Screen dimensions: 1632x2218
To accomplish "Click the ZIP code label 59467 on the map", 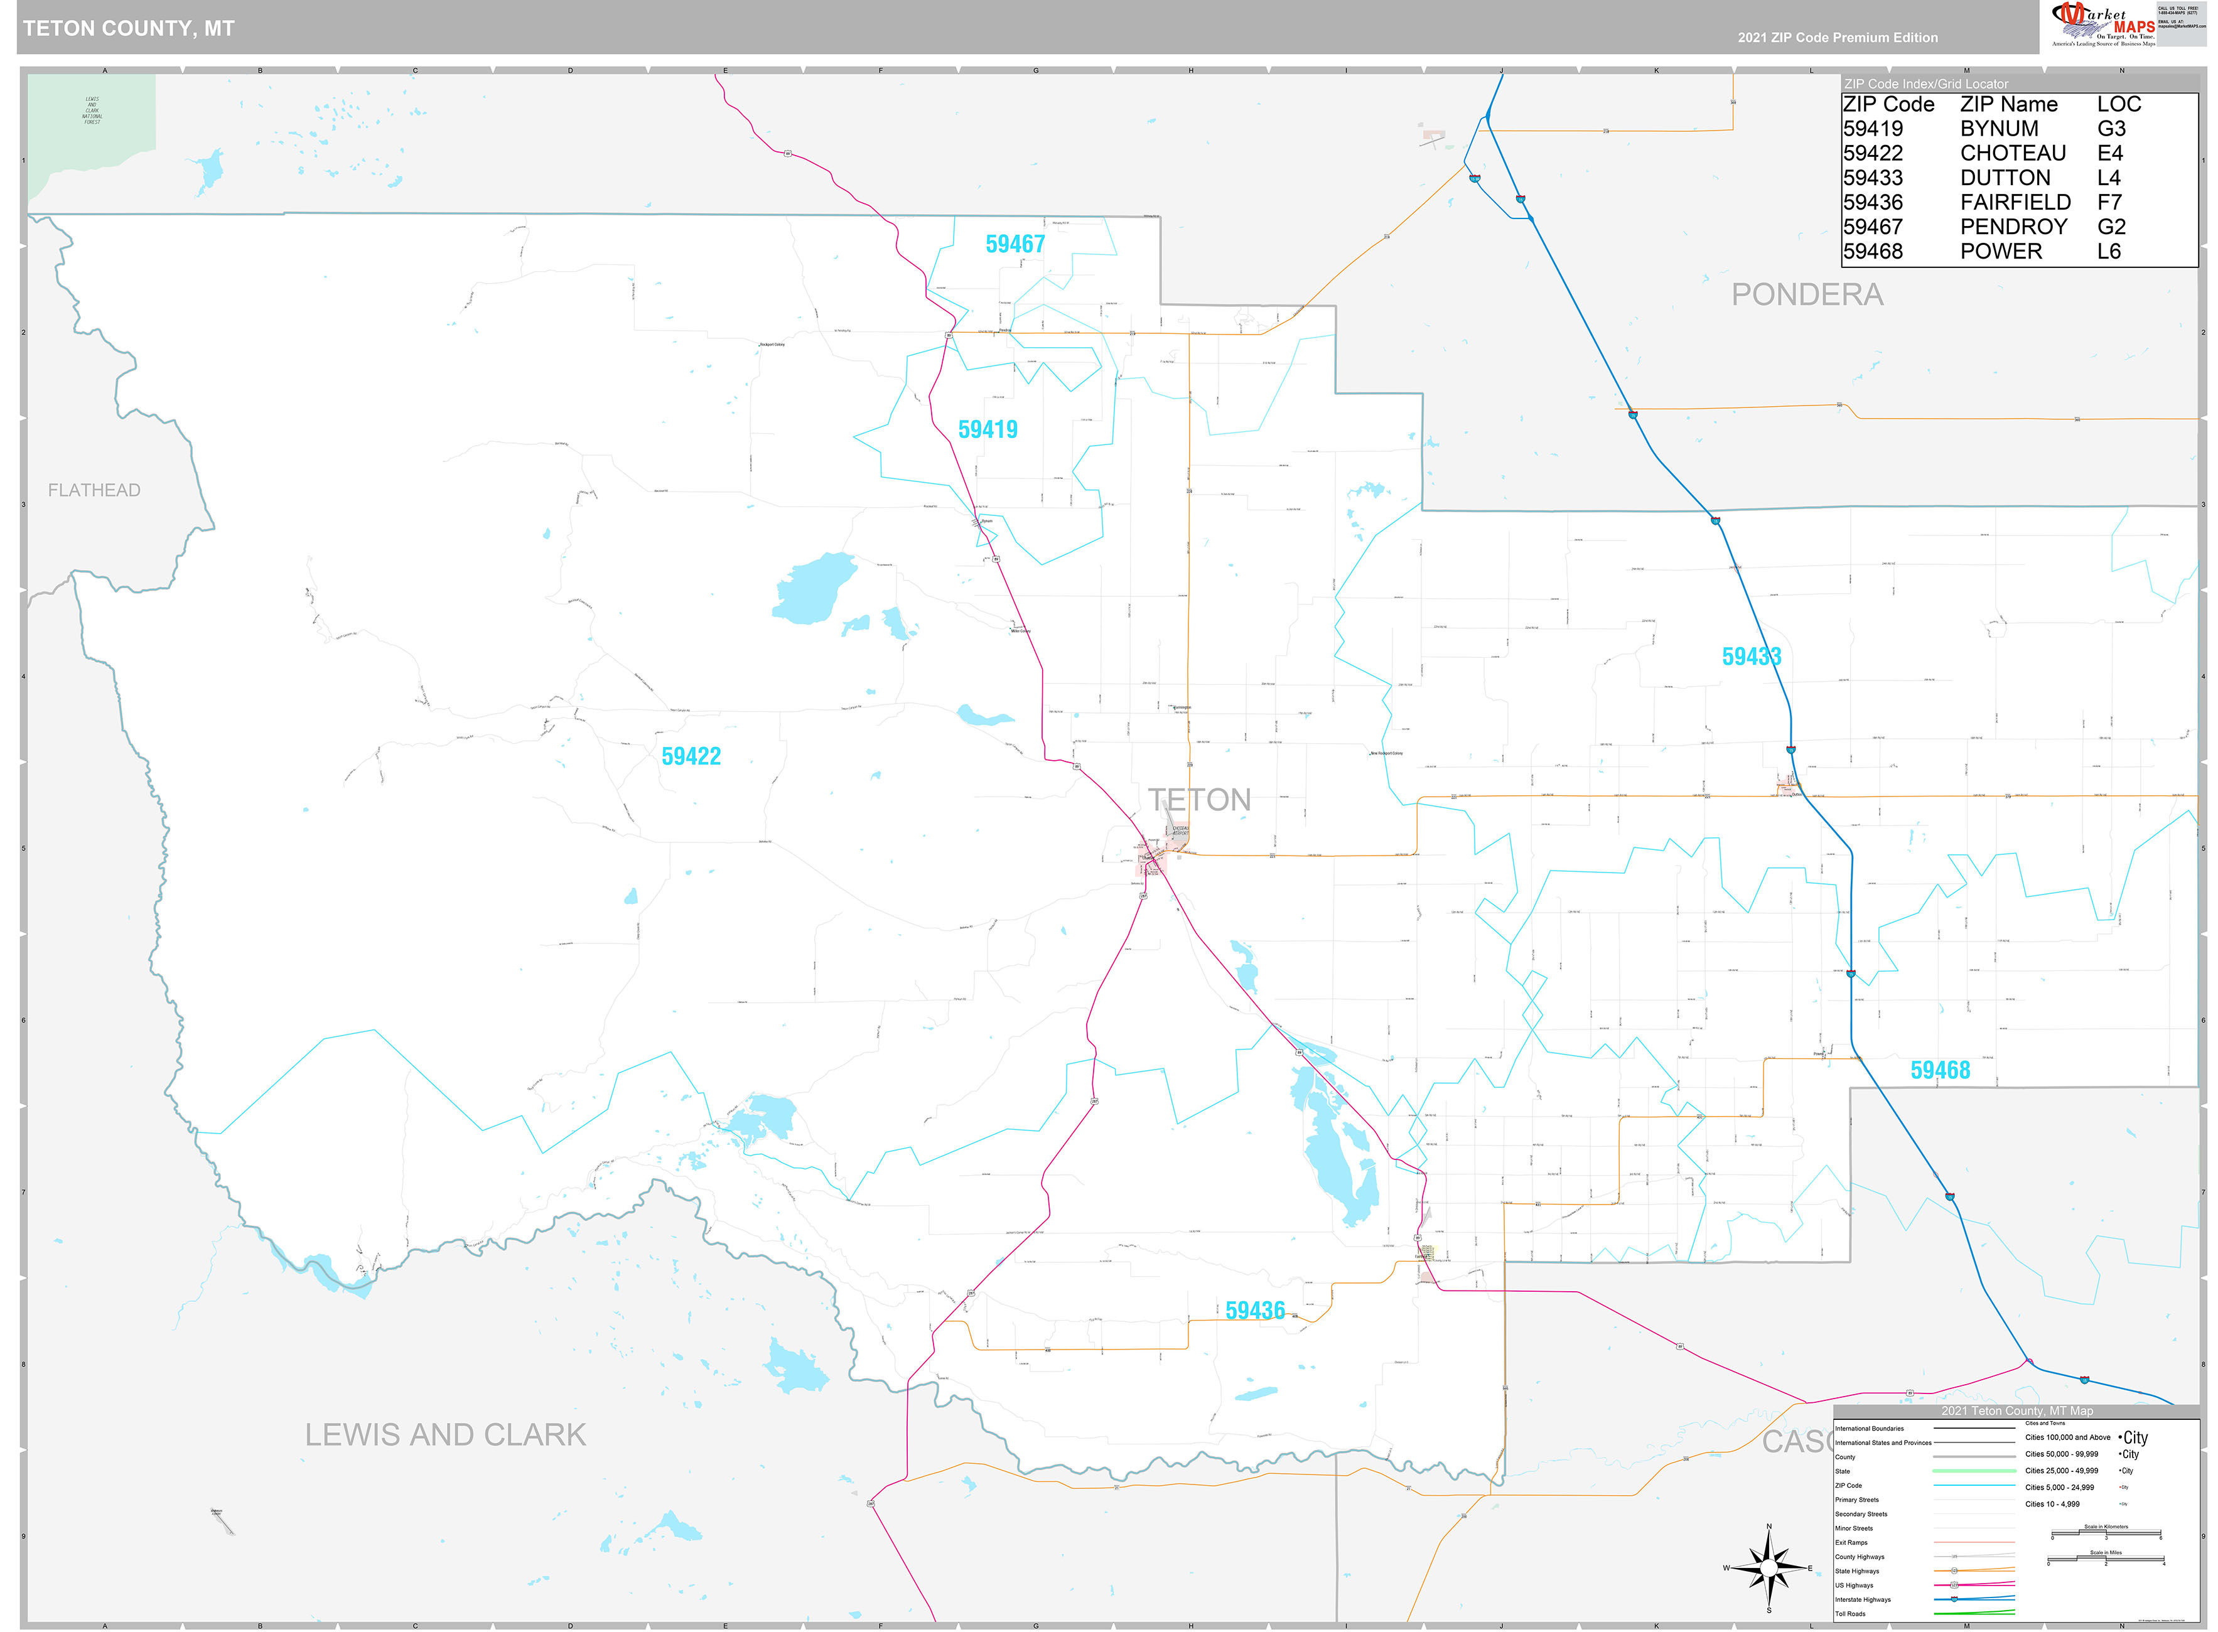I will point(1015,244).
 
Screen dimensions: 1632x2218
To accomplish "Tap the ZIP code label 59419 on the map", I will point(987,430).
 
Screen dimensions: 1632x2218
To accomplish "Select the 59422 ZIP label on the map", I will point(691,757).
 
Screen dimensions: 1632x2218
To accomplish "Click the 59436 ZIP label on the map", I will point(1255,1311).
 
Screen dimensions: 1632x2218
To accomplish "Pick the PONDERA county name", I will point(1807,294).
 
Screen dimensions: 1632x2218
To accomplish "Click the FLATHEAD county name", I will point(94,490).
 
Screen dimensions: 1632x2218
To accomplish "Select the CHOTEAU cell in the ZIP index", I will point(2013,153).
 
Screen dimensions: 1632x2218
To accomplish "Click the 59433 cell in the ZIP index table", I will point(1872,178).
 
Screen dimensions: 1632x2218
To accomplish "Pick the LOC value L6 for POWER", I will point(2108,251).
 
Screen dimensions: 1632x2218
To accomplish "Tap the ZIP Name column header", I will point(2008,105).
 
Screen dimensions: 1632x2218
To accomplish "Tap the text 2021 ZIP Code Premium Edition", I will point(1838,38).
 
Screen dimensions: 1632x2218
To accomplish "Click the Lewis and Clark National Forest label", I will point(92,110).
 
